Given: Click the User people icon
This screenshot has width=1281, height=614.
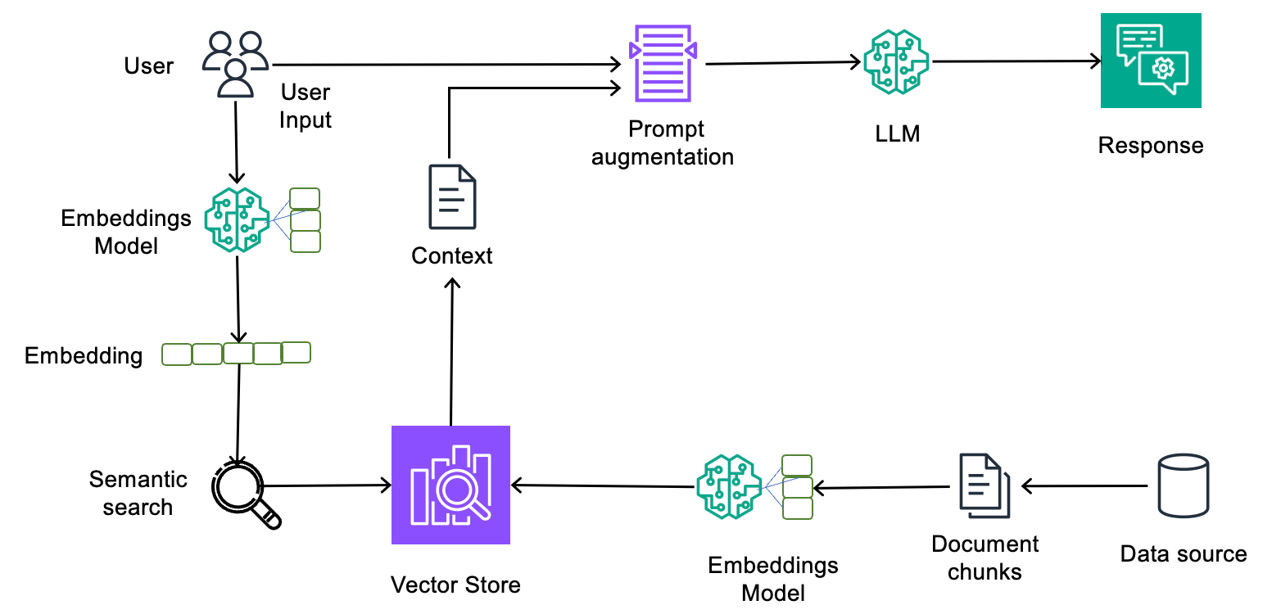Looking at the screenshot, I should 236,65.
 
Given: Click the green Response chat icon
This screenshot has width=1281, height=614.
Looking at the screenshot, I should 1151,61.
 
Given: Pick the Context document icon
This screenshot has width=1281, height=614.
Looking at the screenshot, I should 452,197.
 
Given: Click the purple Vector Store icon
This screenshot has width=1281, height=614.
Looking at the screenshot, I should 450,485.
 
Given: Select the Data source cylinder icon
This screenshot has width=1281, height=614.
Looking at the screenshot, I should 1184,485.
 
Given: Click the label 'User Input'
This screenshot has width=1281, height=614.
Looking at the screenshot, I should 305,106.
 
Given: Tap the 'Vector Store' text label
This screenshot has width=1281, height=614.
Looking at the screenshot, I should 455,585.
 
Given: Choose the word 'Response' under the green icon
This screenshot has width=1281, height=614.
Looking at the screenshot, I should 1150,146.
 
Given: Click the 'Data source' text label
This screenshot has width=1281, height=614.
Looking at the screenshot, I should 1183,554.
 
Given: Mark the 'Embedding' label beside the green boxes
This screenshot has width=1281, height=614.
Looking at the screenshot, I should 84,355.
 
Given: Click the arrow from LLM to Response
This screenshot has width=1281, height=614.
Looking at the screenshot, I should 1016,61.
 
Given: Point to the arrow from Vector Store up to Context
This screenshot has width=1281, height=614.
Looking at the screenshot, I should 451,352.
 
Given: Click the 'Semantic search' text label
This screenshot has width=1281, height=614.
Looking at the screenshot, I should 138,493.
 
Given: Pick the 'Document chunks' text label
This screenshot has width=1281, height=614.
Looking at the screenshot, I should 985,558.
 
